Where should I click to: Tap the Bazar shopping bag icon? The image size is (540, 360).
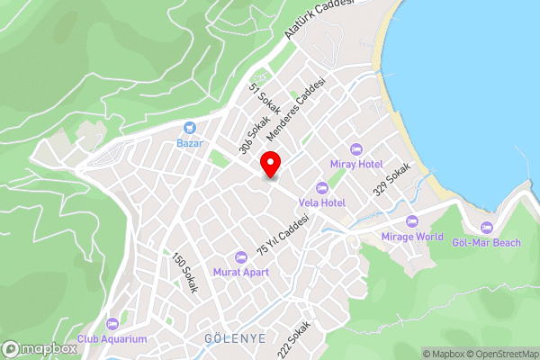click(190, 129)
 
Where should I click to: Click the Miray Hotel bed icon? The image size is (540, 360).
click(356, 148)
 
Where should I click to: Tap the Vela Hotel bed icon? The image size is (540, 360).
click(321, 187)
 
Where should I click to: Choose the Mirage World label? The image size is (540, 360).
click(412, 237)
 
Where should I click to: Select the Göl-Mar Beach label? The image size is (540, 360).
click(487, 243)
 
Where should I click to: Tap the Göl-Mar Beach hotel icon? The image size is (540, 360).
click(487, 228)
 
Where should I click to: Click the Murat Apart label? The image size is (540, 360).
click(240, 272)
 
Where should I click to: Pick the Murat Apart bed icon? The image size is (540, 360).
click(240, 256)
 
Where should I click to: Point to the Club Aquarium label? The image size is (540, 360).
click(112, 338)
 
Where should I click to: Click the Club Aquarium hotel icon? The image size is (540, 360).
click(112, 323)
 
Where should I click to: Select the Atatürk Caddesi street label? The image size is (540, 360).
click(319, 17)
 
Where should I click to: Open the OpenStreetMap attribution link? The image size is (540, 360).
click(500, 354)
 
